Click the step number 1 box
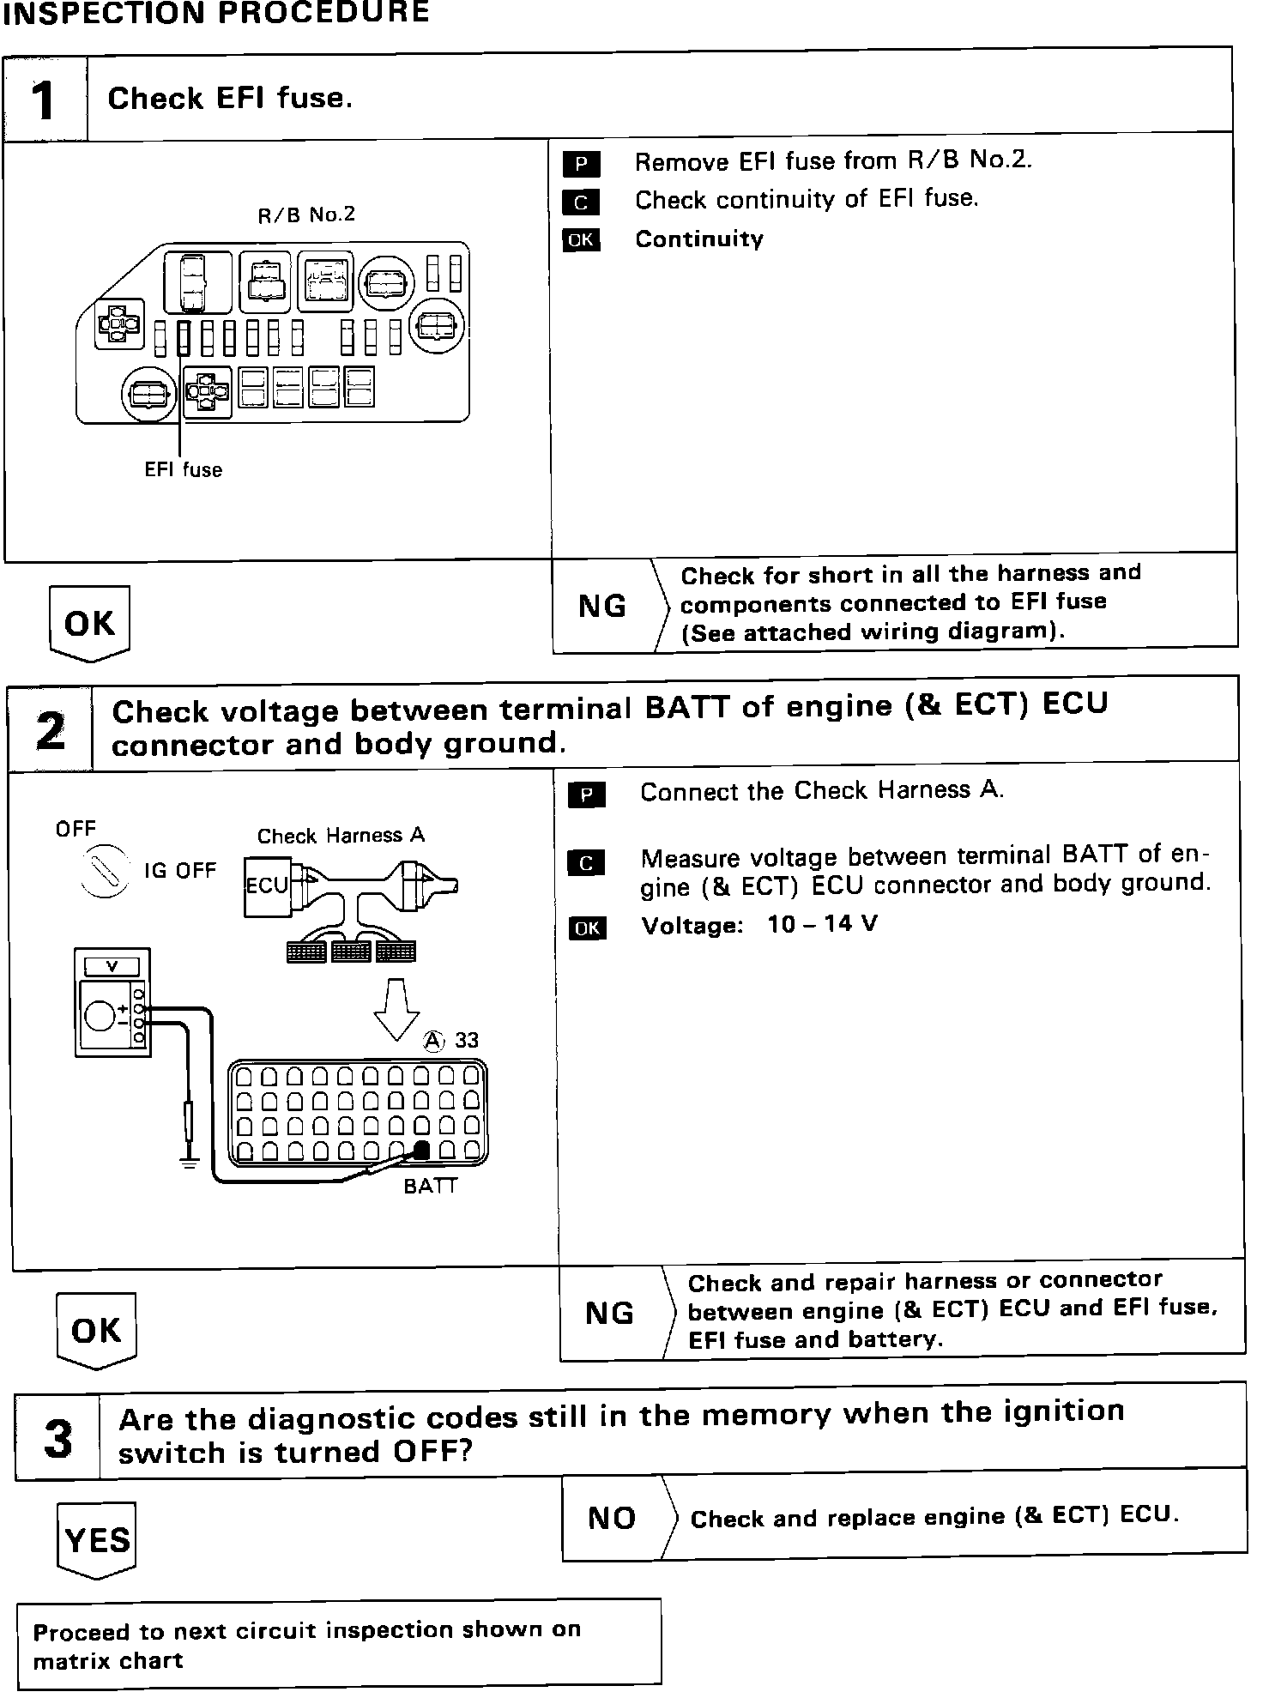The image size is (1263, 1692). pos(45,100)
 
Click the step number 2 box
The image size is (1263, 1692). pos(51,729)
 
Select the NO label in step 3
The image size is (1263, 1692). pos(612,1518)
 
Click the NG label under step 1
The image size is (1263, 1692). pos(602,607)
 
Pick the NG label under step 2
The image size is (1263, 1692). pos(609,1314)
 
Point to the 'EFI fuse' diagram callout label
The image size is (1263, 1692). pos(183,470)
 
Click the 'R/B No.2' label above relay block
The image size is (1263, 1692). pos(306,215)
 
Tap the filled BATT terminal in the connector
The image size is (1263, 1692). pos(421,1151)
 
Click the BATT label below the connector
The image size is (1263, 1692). pos(431,1186)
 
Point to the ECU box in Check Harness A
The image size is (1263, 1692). pos(266,885)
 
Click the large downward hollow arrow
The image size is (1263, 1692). pos(396,1010)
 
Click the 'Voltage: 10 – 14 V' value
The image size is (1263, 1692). pos(759,925)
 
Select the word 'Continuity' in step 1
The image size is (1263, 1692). pos(699,239)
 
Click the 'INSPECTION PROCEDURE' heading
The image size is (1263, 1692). pos(215,12)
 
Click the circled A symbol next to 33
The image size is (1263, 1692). pos(435,1040)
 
